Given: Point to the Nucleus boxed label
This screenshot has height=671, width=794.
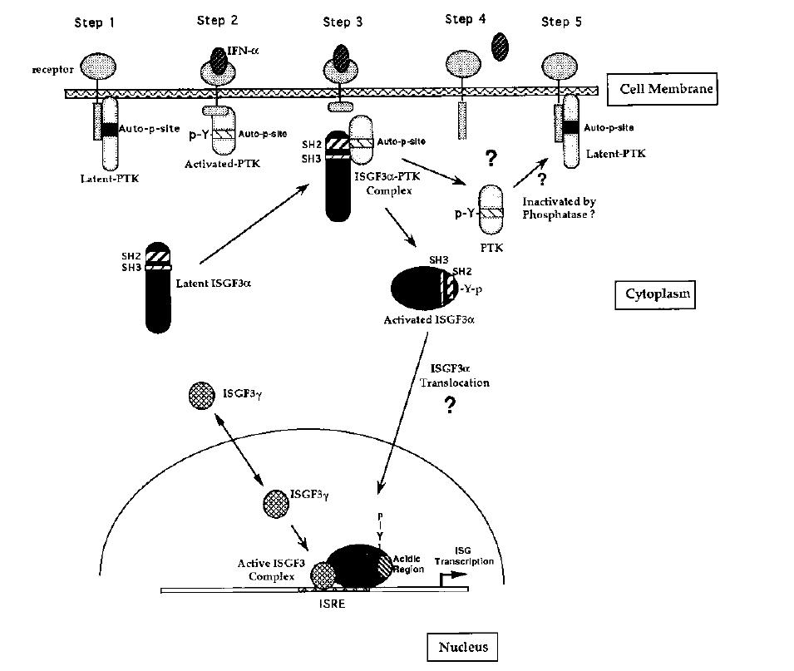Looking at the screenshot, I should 462,647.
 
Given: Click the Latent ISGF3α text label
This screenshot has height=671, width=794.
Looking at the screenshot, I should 214,284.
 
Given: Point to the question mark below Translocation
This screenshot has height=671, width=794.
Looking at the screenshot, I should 450,406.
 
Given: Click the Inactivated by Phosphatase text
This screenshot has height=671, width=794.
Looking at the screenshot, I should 561,208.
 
